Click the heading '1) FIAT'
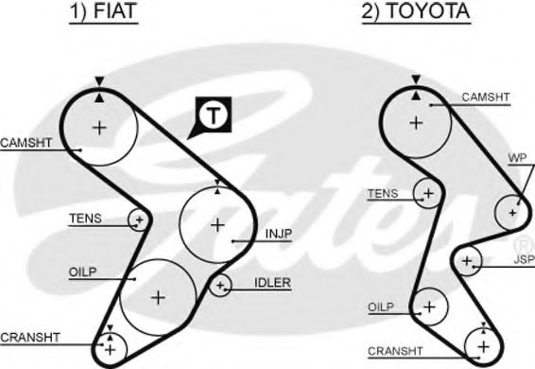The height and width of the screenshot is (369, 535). tap(100, 13)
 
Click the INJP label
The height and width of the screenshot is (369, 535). tap(279, 233)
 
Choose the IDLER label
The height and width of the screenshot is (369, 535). tap(271, 282)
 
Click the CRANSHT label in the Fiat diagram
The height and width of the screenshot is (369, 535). tap(31, 336)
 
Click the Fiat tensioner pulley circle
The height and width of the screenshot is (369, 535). tap(139, 220)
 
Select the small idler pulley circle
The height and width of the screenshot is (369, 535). tap(220, 284)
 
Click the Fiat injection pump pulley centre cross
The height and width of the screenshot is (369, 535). tap(217, 225)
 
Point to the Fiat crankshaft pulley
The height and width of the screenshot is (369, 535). tap(111, 349)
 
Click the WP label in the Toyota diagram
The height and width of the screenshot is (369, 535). tap(517, 156)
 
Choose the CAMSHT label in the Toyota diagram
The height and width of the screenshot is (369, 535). tap(486, 97)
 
